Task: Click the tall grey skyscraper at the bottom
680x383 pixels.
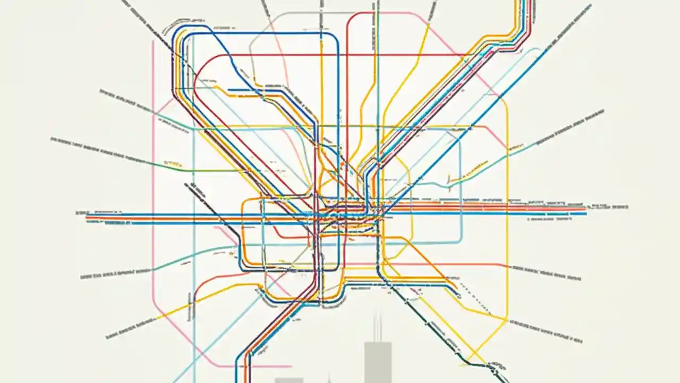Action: pos(378,362)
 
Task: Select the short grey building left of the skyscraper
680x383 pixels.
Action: pos(288,380)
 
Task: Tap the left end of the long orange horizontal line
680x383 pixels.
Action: pos(87,218)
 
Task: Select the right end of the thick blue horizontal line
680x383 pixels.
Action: pos(585,214)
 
